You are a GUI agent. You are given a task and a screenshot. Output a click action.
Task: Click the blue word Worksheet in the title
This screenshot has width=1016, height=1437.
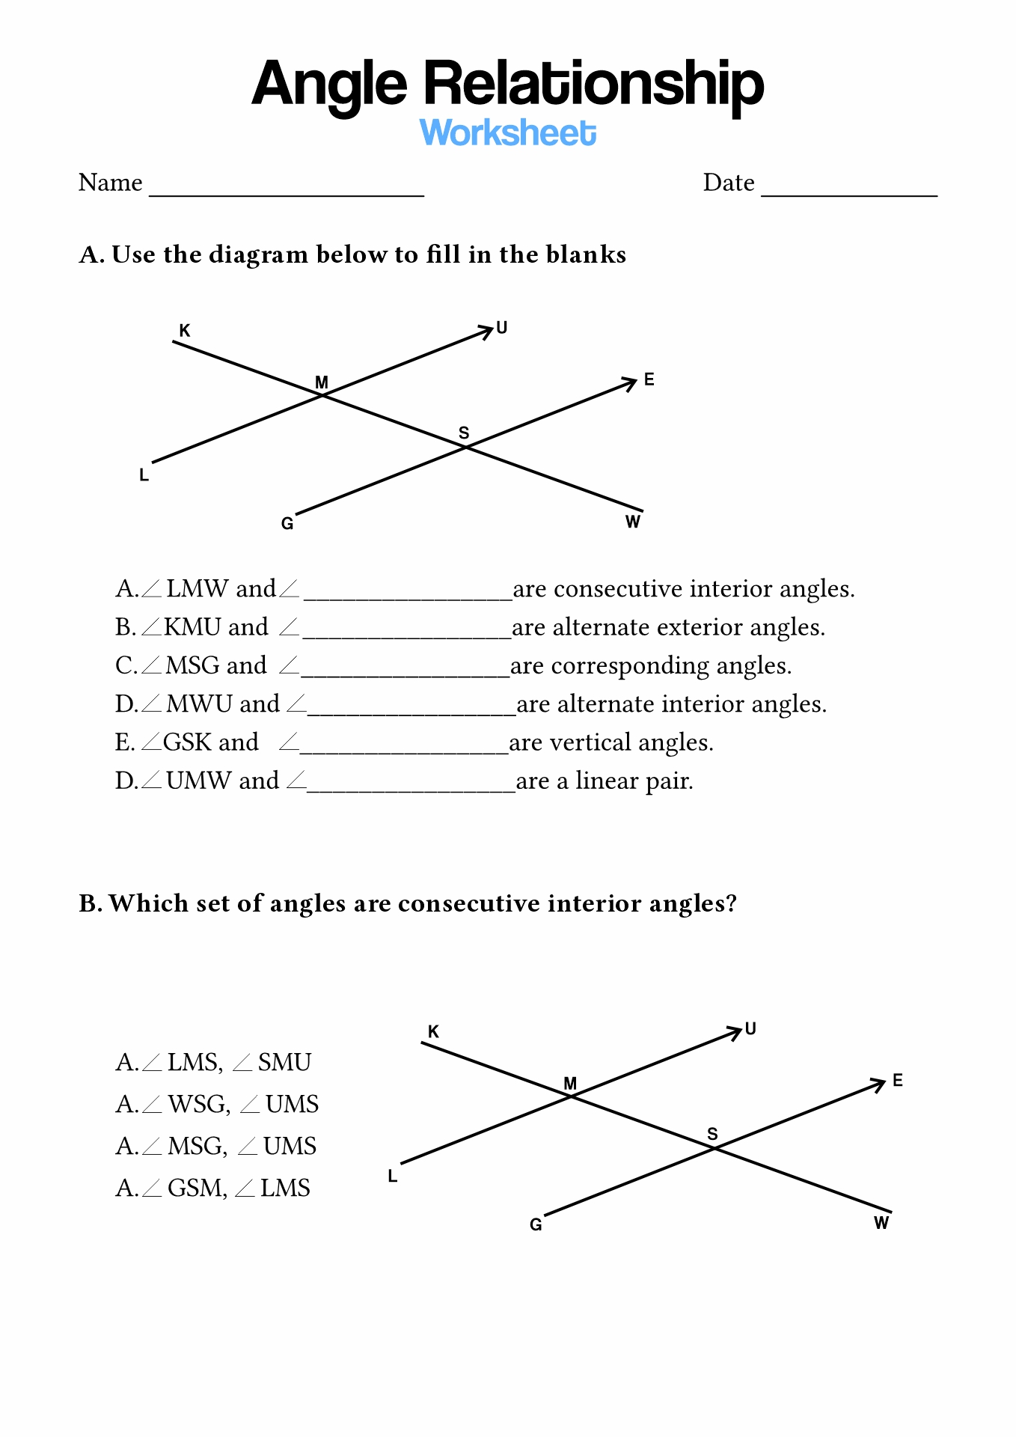point(508,132)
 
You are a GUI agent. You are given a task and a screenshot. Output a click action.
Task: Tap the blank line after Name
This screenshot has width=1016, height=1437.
point(287,195)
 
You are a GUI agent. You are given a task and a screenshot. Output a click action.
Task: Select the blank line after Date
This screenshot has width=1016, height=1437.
point(849,195)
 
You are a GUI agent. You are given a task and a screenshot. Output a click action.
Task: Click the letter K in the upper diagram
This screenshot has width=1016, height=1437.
point(185,330)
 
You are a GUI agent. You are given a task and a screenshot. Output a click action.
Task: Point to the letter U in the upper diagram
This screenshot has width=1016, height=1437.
point(502,327)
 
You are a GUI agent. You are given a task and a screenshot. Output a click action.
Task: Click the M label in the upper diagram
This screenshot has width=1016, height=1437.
point(322,382)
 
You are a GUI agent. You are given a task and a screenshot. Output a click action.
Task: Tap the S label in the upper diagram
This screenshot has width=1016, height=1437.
point(464,433)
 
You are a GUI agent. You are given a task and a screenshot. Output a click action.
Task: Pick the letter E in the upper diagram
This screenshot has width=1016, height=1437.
point(649,379)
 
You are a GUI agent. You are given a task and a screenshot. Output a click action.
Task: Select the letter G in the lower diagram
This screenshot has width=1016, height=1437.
point(536,1224)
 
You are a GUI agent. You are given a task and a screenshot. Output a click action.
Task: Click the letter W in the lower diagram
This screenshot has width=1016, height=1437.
point(881,1222)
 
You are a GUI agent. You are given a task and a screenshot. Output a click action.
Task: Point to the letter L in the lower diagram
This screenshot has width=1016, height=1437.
point(393,1176)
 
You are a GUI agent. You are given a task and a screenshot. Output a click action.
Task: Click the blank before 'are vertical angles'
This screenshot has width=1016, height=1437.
point(404,751)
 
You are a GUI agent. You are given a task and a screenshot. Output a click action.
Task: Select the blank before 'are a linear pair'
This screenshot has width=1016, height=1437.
point(411,789)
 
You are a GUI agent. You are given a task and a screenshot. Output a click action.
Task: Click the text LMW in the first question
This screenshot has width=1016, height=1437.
point(198,588)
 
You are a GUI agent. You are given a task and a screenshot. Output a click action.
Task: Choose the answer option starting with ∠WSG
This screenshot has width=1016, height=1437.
point(217,1104)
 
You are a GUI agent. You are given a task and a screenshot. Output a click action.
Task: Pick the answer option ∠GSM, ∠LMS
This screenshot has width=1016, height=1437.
point(212,1188)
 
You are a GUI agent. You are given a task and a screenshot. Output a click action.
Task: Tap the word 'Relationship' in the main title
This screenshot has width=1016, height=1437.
point(594,85)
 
